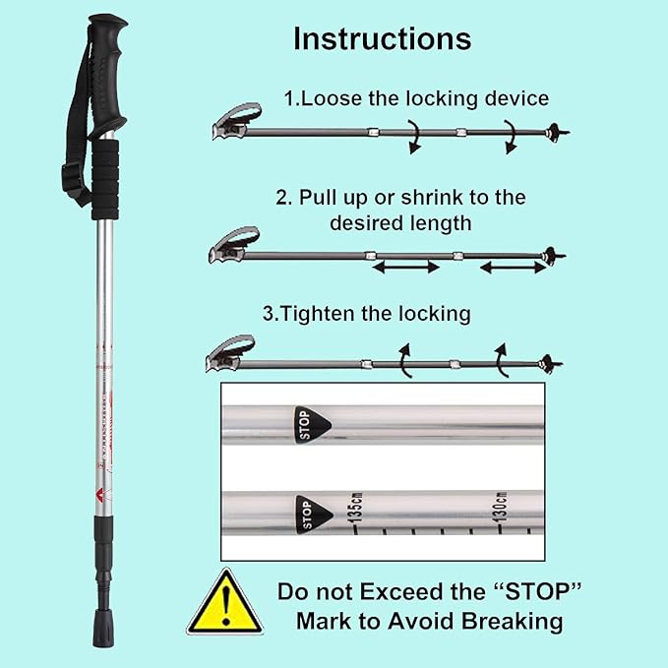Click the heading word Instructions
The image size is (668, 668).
click(x=382, y=38)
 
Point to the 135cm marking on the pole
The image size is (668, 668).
click(x=355, y=509)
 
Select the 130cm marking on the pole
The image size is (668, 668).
click(x=499, y=507)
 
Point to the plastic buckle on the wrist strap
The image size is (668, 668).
click(x=71, y=179)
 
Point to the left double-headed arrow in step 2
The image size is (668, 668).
click(x=404, y=267)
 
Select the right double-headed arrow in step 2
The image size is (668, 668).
click(x=512, y=267)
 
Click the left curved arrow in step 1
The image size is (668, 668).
click(x=414, y=137)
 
